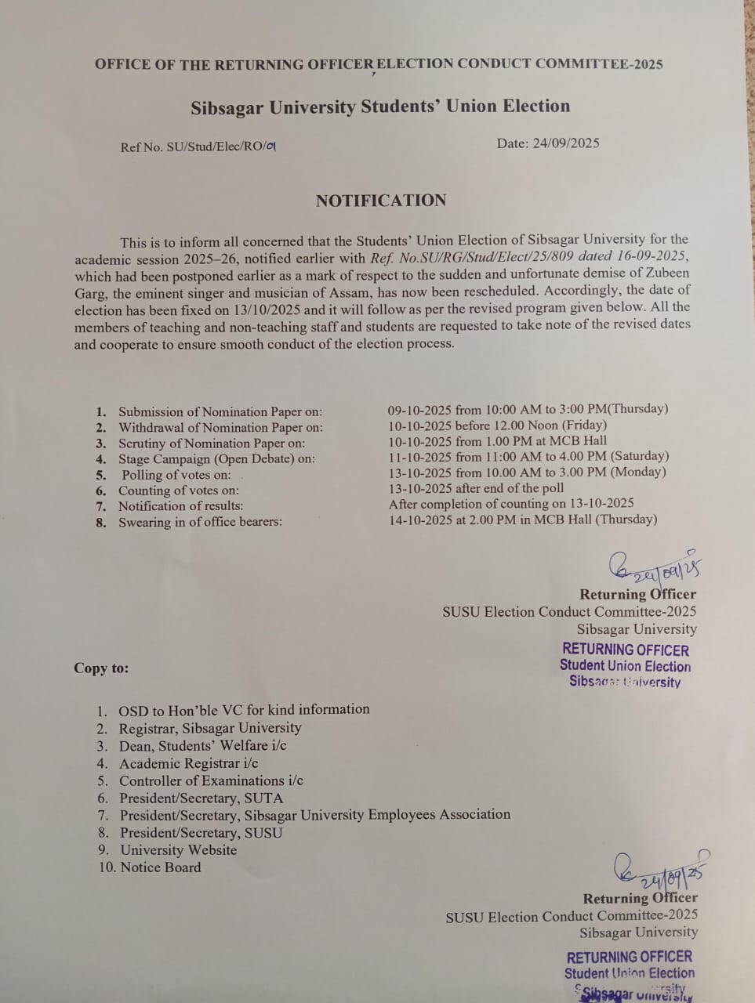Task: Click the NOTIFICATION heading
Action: coord(381,201)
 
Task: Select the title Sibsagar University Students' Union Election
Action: coord(380,107)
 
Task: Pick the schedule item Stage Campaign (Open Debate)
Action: coord(216,459)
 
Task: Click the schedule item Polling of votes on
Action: coord(176,475)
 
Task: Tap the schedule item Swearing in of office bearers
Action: coord(200,522)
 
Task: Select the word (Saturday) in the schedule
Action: coord(639,456)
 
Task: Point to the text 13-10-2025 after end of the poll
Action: coord(476,487)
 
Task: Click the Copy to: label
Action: coord(101,668)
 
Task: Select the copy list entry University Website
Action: coord(178,850)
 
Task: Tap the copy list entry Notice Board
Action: coord(160,867)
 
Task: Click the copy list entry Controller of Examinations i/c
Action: coord(211,780)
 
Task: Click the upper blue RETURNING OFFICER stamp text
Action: coord(625,650)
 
